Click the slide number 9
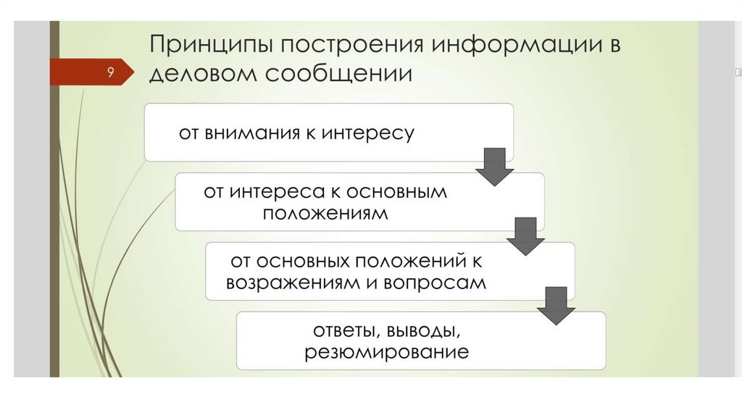(110, 72)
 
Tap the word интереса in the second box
(271, 192)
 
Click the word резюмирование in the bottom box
(386, 353)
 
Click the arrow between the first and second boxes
(494, 167)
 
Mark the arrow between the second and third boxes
(525, 235)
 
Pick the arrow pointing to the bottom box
(556, 304)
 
